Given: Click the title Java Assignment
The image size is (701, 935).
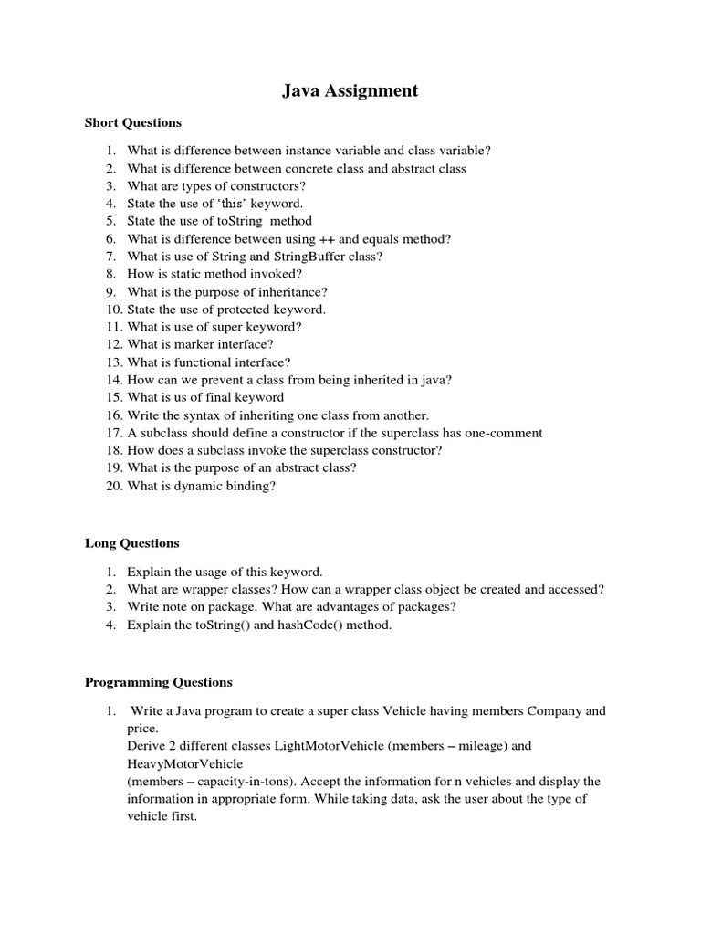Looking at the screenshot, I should [350, 90].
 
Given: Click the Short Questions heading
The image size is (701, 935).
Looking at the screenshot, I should [133, 122].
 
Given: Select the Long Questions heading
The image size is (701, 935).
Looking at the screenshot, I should [131, 543].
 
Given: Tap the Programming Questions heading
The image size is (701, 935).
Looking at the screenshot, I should [159, 682].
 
